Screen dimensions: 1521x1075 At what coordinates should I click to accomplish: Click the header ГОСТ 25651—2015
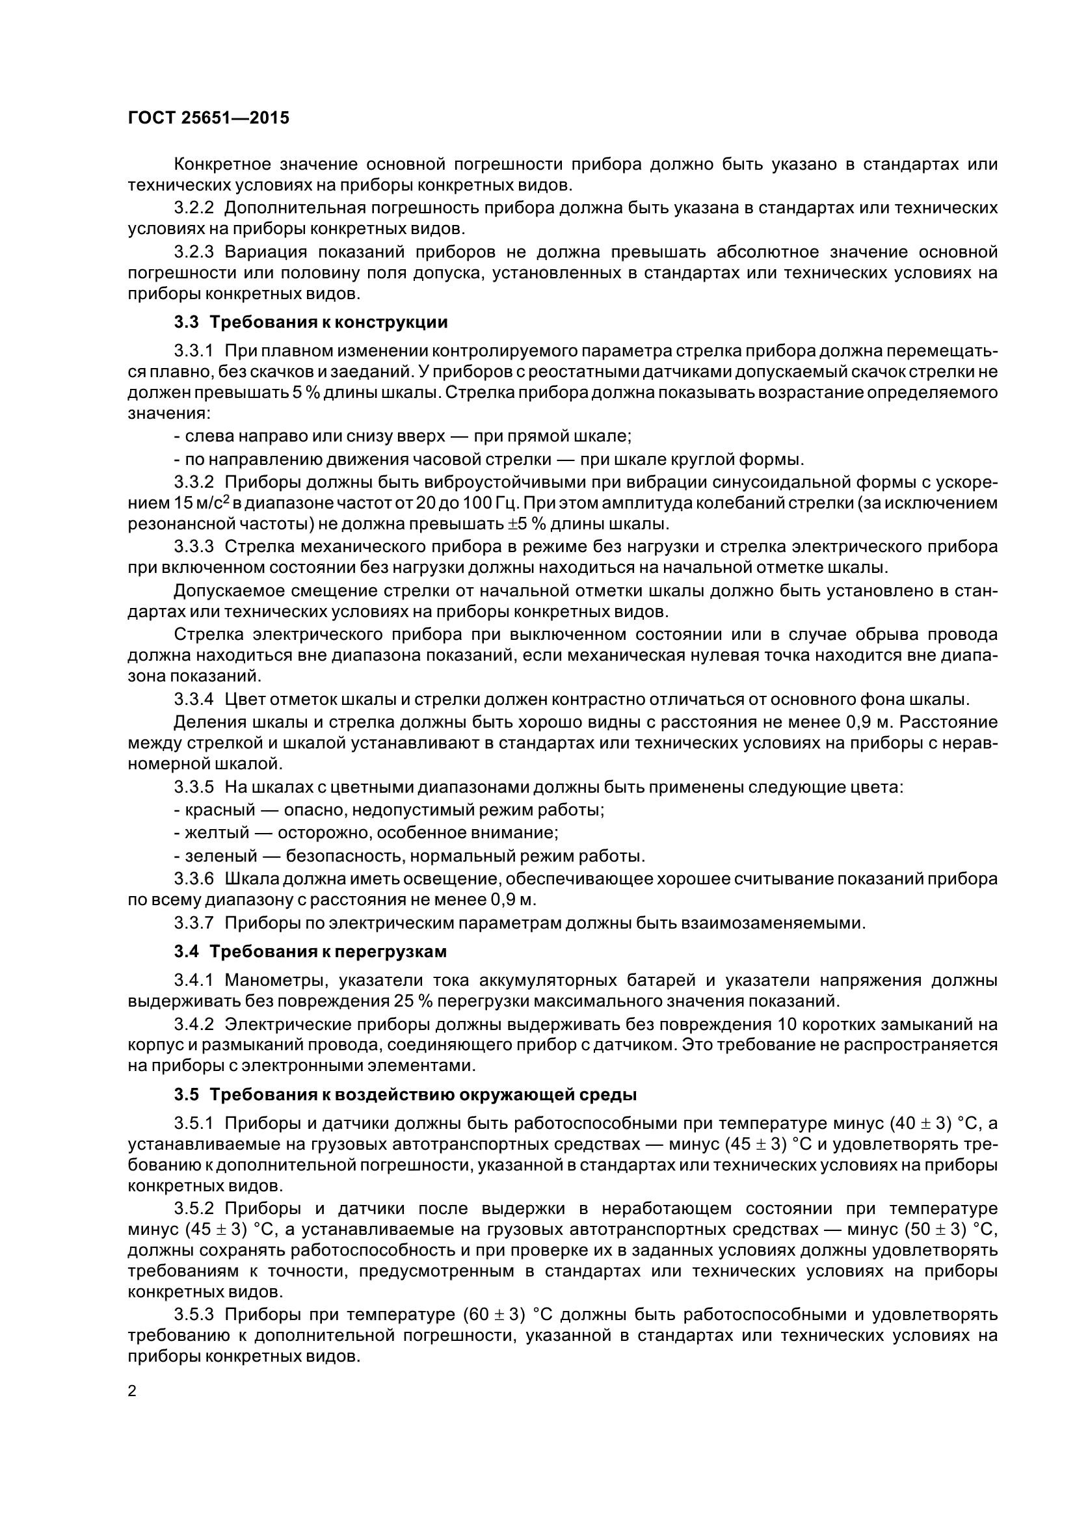pyautogui.click(x=208, y=118)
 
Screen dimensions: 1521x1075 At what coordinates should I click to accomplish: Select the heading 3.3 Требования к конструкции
pyautogui.click(x=311, y=323)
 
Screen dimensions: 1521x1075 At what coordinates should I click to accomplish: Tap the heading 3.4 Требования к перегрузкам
pyautogui.click(x=310, y=952)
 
